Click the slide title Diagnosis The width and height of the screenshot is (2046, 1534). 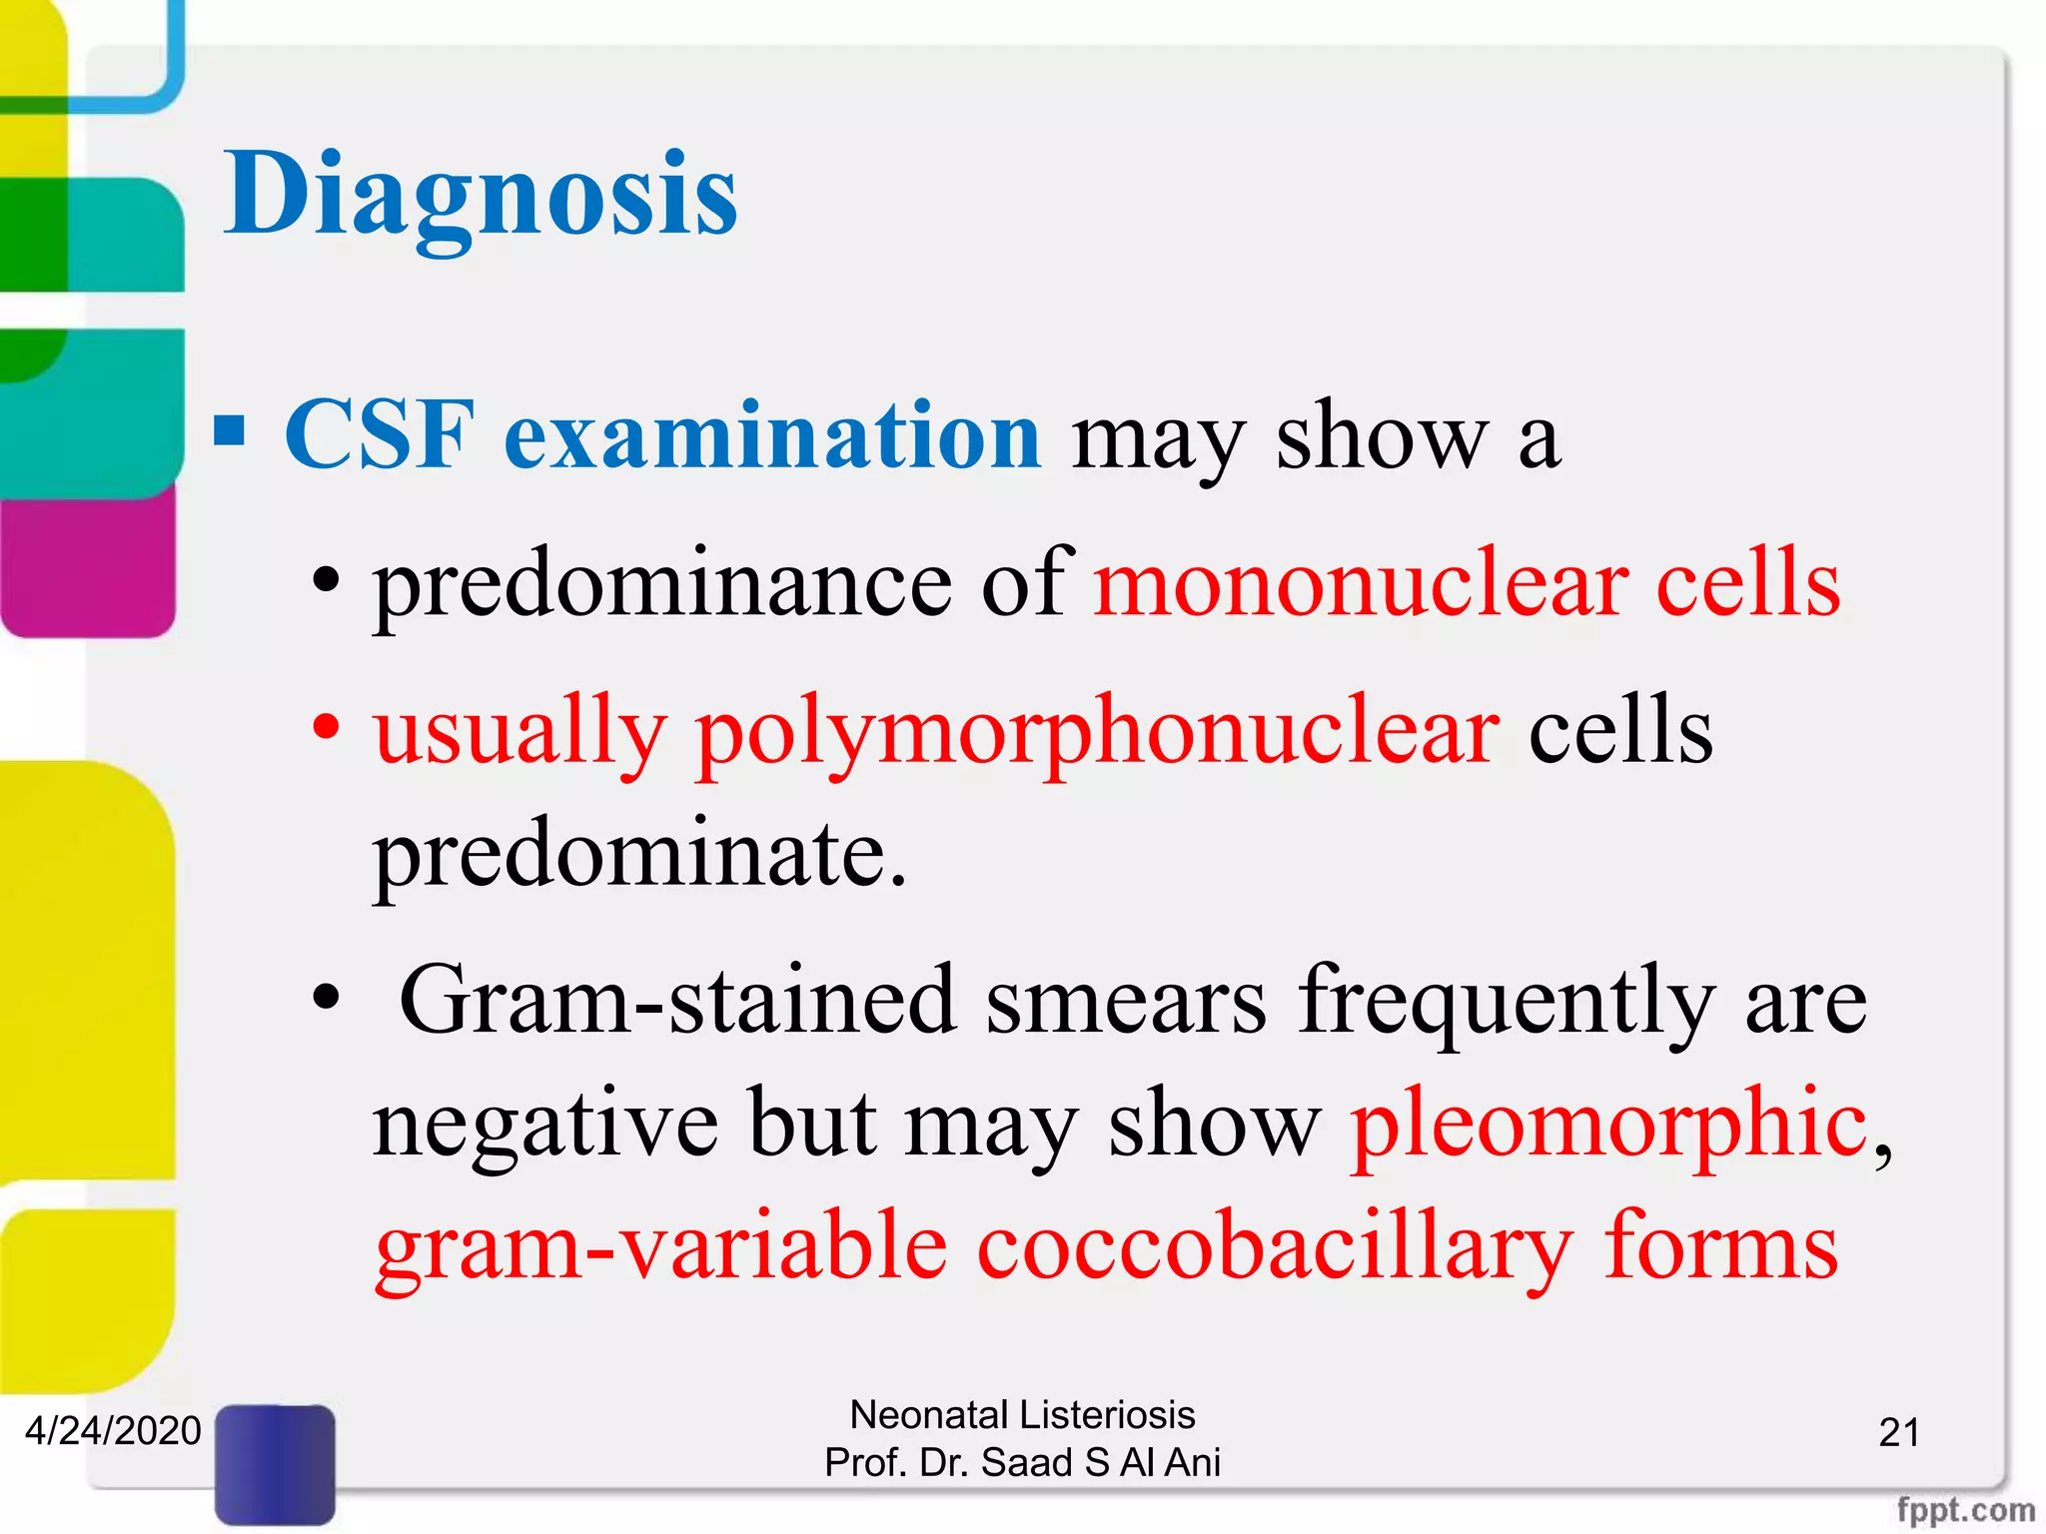(480, 195)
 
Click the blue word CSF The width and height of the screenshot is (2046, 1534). (378, 435)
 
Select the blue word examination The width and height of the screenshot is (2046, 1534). (772, 435)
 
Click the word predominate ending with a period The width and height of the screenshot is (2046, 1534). (639, 855)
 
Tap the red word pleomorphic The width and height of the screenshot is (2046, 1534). (1608, 1125)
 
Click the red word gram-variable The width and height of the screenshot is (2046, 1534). (660, 1248)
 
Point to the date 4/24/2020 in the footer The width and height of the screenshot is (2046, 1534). (113, 1431)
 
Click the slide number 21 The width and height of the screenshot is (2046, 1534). (1899, 1433)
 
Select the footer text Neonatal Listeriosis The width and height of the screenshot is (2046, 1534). (1022, 1415)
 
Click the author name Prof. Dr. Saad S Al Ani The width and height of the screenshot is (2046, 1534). (1022, 1462)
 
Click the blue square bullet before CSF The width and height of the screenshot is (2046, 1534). (230, 431)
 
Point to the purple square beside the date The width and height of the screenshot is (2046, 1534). (275, 1463)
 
